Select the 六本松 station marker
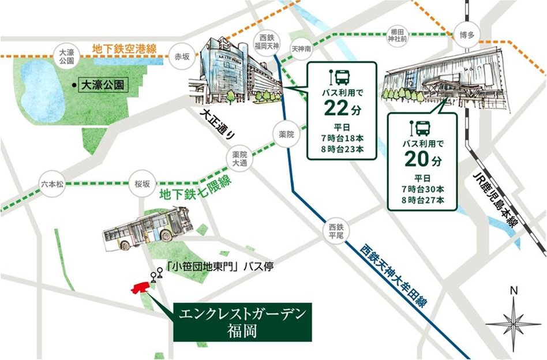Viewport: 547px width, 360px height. (53, 184)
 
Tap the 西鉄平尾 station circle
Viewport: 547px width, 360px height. (336, 230)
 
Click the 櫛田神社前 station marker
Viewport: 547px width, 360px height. (398, 35)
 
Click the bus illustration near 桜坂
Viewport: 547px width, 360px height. (147, 228)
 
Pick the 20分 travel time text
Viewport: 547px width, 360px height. (423, 156)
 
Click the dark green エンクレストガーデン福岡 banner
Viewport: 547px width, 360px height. (242, 321)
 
